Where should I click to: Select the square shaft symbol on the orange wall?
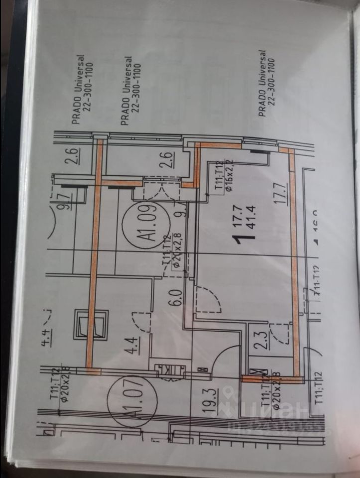pyautogui.click(x=91, y=324)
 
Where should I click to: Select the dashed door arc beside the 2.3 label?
pyautogui.click(x=281, y=334)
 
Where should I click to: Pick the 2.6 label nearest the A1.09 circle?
pyautogui.click(x=167, y=160)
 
